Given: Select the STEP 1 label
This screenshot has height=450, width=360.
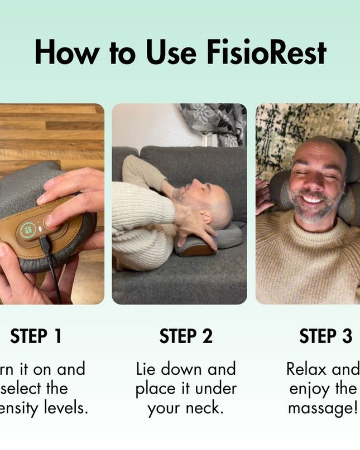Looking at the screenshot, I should click(36, 336).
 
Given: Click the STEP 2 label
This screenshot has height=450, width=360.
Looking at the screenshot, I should click(186, 336).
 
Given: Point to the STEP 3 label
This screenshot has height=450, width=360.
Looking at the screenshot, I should click(325, 336).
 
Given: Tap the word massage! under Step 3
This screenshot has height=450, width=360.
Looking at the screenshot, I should click(322, 408).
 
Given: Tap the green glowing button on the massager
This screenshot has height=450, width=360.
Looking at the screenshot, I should click(28, 230).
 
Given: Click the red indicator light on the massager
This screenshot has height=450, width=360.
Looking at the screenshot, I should click(46, 225).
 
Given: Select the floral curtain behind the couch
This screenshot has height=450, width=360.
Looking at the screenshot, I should click(215, 123).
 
